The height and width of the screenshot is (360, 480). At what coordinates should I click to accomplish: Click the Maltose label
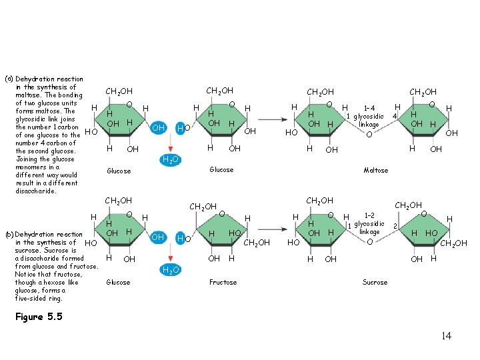coord(375,170)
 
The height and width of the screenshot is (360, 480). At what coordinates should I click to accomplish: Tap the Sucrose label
coord(375,282)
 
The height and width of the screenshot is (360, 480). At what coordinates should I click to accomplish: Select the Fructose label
coord(223,282)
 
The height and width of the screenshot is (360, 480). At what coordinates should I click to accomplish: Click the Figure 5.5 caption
coord(38,317)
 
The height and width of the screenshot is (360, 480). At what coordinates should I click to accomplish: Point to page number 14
coord(446,335)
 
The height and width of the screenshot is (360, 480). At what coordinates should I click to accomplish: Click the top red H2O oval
coord(170,159)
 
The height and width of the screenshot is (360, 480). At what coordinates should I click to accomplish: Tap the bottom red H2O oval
coord(170,269)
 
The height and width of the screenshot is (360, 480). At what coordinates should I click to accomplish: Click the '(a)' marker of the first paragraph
coord(9,79)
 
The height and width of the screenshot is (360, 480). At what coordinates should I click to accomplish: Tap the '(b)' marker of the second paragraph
coord(9,235)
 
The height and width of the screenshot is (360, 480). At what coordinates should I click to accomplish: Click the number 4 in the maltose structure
coord(395,117)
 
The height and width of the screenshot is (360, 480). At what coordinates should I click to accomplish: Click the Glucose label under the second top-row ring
coord(221,170)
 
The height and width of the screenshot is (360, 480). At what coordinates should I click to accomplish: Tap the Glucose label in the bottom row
coord(119,282)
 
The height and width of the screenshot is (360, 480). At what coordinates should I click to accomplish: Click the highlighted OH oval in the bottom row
coord(159,237)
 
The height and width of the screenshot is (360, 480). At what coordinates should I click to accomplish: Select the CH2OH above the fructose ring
coord(204,207)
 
